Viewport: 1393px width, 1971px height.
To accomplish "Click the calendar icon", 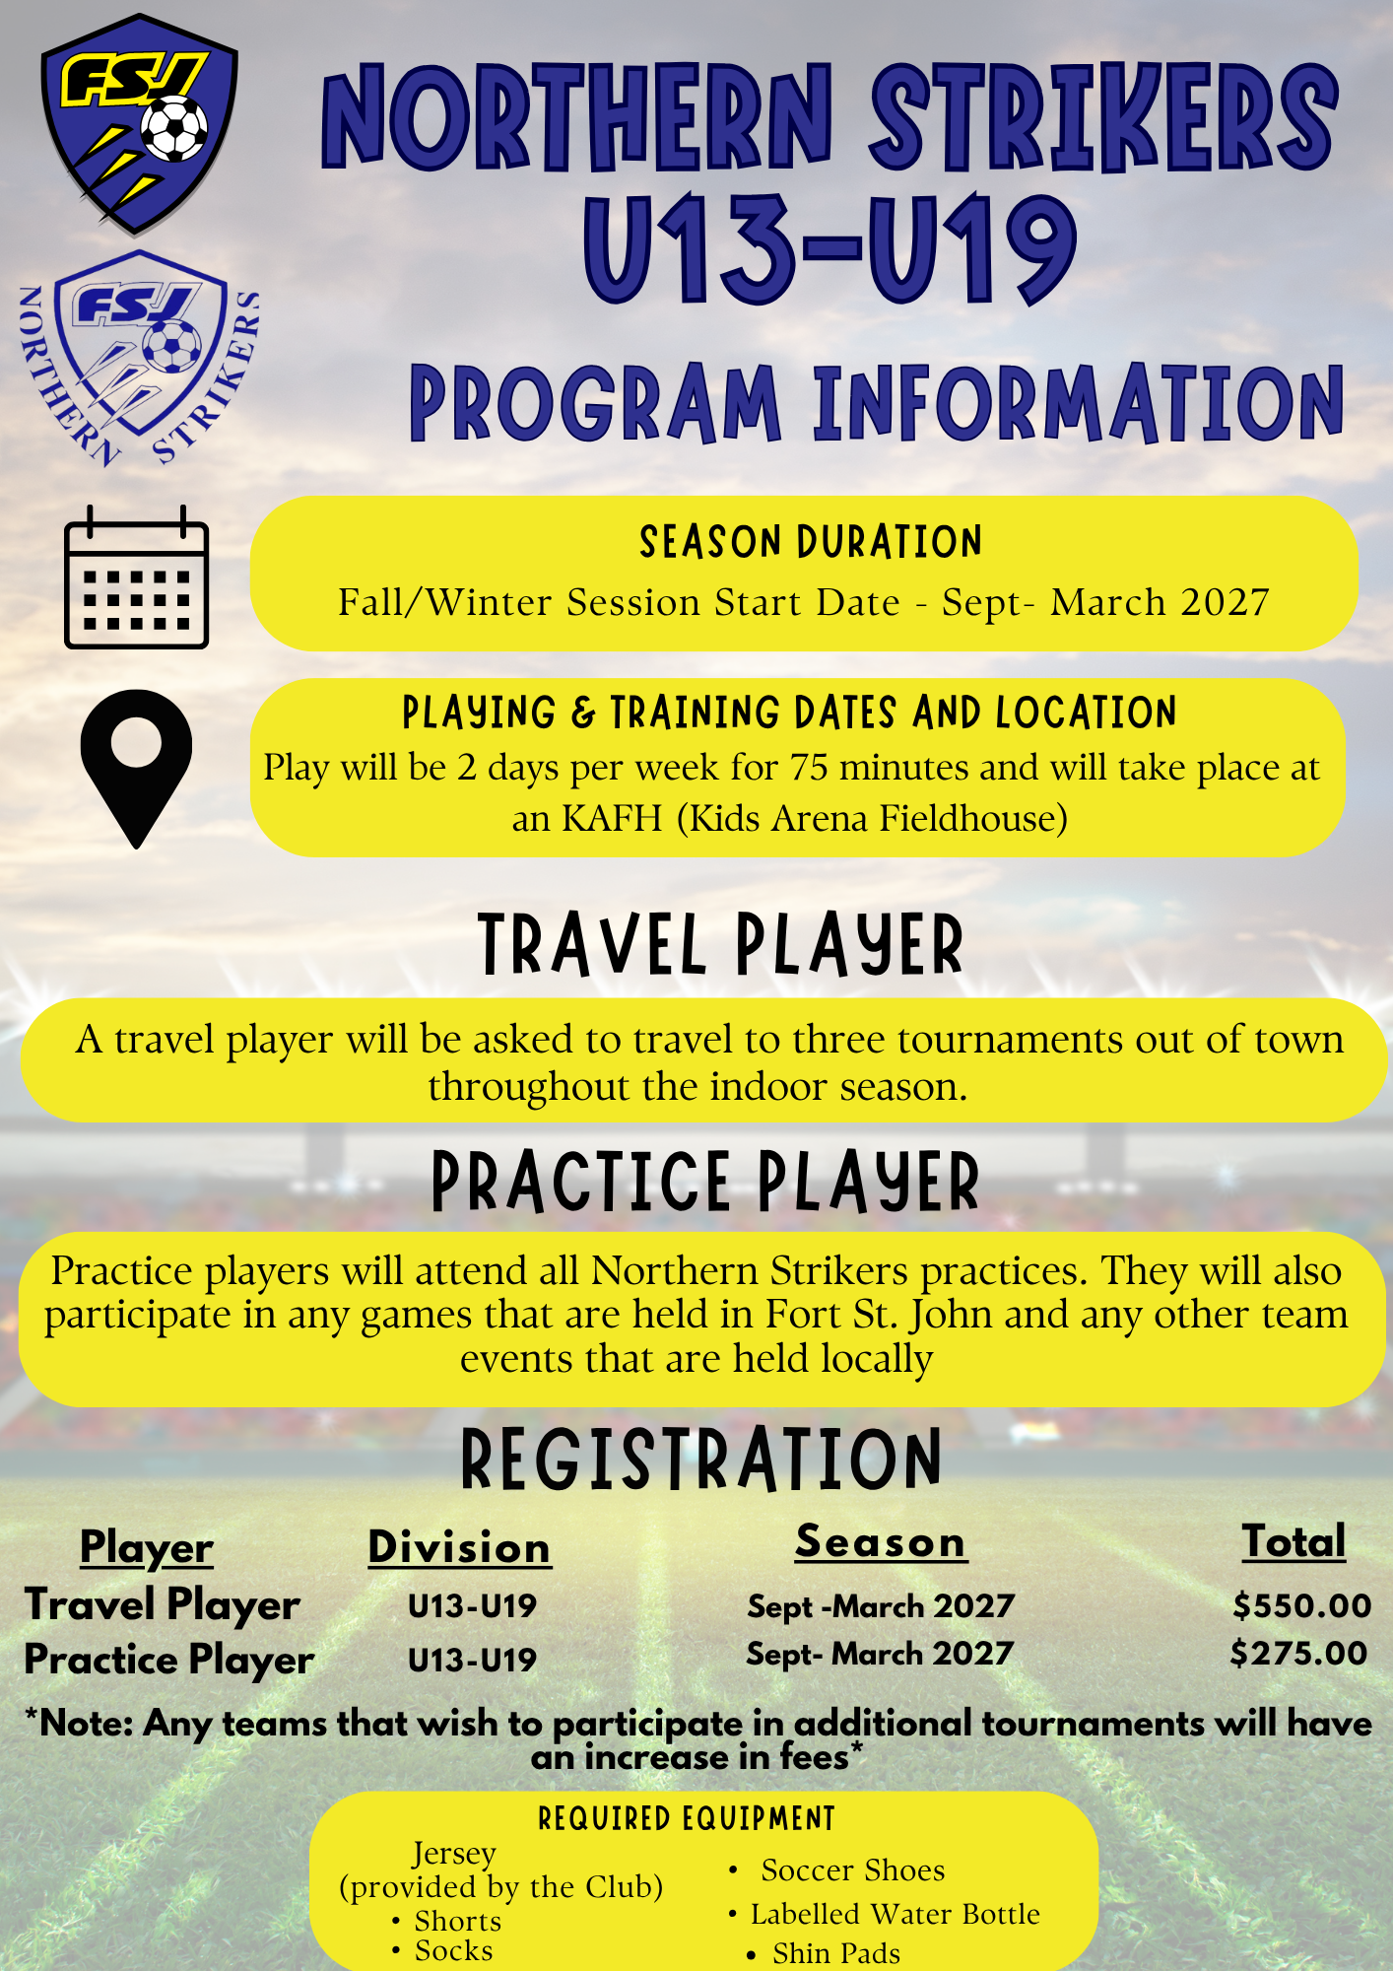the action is click(136, 578).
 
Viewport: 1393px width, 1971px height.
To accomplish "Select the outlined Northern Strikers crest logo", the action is click(140, 358).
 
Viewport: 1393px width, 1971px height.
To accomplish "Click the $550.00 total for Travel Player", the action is click(1301, 1605).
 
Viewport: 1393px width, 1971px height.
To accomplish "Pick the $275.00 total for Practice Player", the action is click(1298, 1653).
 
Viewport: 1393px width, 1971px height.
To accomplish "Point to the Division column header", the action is click(459, 1547).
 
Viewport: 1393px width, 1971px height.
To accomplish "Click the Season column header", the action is click(881, 1542).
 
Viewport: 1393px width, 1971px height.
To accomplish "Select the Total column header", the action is click(1293, 1541).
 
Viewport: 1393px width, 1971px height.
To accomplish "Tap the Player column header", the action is click(147, 1548).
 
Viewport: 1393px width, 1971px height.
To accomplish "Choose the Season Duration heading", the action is click(811, 542).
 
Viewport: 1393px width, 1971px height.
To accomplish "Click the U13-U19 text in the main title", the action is click(829, 247).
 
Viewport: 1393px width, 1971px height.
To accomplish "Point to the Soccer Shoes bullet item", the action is click(852, 1869).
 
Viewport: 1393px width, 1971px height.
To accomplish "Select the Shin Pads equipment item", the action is click(836, 1952).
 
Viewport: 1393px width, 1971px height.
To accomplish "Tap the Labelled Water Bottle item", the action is click(895, 1914).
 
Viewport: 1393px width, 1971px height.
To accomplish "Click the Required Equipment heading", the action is click(687, 1818).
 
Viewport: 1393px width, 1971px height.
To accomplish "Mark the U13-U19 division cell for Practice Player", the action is click(472, 1660).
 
